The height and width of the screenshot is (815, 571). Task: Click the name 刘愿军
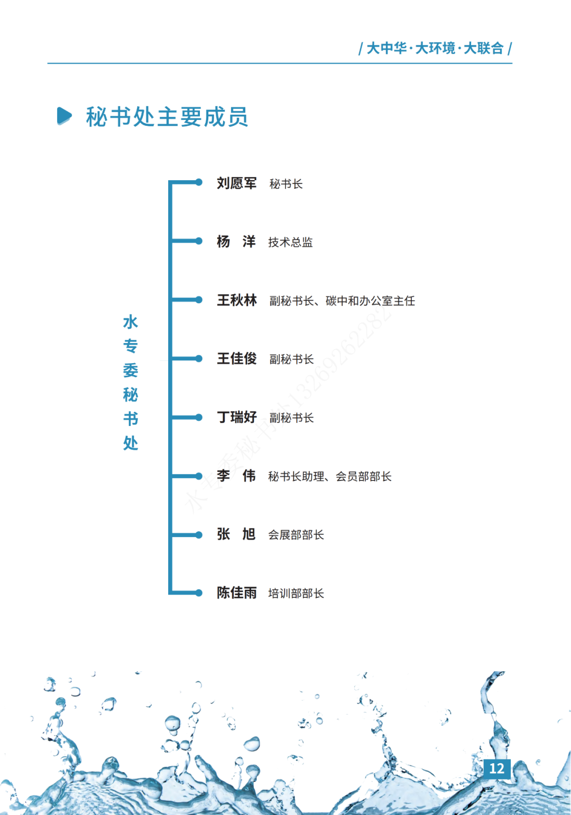tap(236, 183)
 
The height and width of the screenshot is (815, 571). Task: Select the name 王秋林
tap(236, 301)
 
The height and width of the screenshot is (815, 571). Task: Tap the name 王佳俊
tap(236, 359)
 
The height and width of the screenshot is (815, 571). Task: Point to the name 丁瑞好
tap(236, 418)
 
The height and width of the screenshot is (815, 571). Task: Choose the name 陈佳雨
tap(236, 593)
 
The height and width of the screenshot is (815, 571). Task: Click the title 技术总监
tap(290, 243)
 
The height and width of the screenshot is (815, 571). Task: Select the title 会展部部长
tap(296, 535)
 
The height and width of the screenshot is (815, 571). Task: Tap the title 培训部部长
tap(296, 594)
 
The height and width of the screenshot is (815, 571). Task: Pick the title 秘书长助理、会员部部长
tap(329, 477)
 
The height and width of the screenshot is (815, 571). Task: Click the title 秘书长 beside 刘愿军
tap(285, 184)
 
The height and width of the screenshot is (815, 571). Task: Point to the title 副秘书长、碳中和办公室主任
tap(342, 301)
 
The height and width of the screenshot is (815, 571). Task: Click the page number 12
tap(496, 768)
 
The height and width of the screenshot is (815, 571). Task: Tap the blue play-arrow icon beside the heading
tap(64, 116)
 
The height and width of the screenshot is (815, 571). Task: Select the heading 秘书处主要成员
tap(167, 117)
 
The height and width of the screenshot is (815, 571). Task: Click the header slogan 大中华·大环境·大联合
tap(435, 49)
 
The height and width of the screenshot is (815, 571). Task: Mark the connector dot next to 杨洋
tap(199, 241)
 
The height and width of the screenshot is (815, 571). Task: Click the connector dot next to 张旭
tap(199, 535)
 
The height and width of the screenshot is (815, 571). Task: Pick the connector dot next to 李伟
tap(199, 476)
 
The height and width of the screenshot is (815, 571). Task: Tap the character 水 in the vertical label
tap(131, 322)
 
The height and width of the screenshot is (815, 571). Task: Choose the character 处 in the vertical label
tap(131, 443)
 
